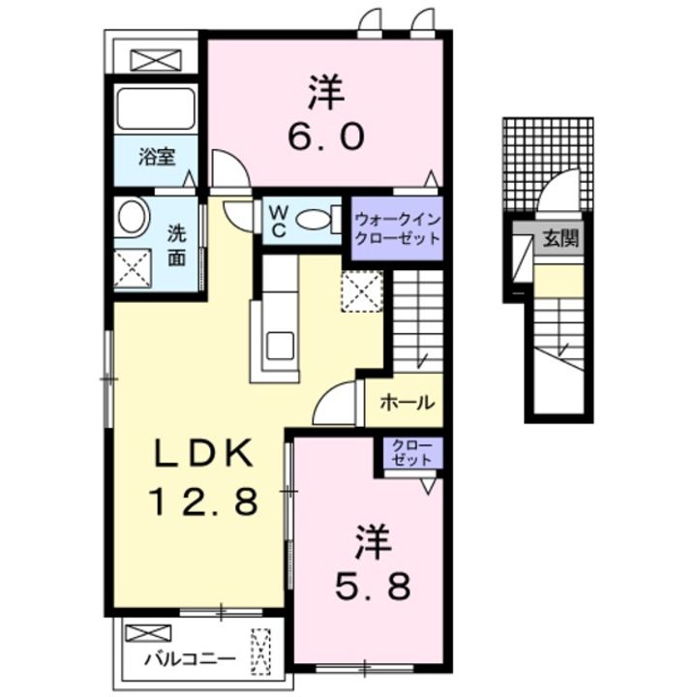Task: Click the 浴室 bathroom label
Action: click(x=157, y=157)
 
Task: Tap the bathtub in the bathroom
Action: click(x=156, y=107)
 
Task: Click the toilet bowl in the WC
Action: click(x=312, y=220)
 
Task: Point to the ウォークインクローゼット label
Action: click(x=398, y=228)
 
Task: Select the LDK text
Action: click(x=203, y=452)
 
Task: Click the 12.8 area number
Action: click(x=203, y=501)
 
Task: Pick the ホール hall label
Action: click(x=407, y=403)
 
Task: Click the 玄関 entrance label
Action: click(x=561, y=240)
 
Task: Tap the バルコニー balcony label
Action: click(x=190, y=659)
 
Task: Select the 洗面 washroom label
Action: click(x=176, y=246)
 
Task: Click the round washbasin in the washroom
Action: click(x=131, y=218)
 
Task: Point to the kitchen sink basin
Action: click(x=280, y=346)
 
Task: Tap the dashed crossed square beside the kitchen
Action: click(x=362, y=291)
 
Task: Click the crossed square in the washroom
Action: click(x=133, y=268)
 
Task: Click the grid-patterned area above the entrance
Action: click(x=548, y=164)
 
